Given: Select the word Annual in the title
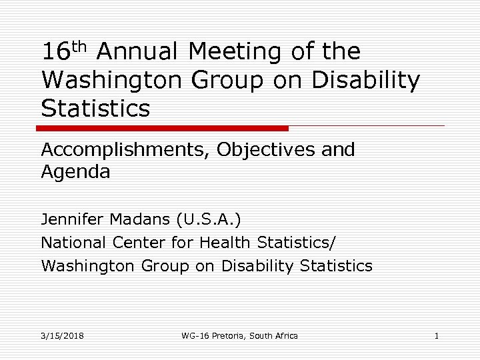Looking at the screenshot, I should (x=141, y=52).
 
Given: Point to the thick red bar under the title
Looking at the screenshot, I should (x=163, y=127).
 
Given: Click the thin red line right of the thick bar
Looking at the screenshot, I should (x=367, y=125).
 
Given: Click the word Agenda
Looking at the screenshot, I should (x=75, y=172).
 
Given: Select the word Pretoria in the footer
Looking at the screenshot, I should (x=231, y=335).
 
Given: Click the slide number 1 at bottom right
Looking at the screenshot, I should (x=436, y=335).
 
